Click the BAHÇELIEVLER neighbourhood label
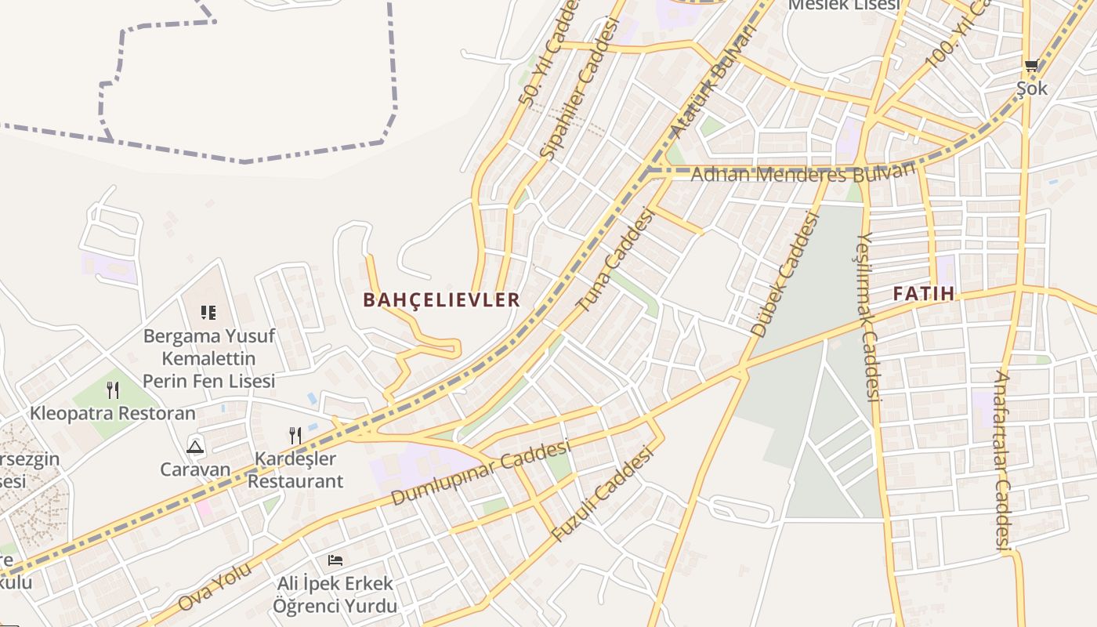click(441, 299)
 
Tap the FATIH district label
click(924, 294)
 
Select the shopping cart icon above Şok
click(1031, 67)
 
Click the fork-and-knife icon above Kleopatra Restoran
click(113, 390)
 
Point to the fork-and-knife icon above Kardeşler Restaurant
click(295, 435)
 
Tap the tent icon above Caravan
click(195, 447)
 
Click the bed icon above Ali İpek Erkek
click(335, 560)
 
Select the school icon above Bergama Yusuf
click(208, 313)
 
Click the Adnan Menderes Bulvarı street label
click(804, 173)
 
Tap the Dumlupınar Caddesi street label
click(480, 473)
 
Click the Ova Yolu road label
click(215, 586)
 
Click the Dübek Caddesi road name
click(784, 274)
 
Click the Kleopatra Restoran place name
click(113, 413)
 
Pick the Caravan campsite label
click(195, 469)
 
